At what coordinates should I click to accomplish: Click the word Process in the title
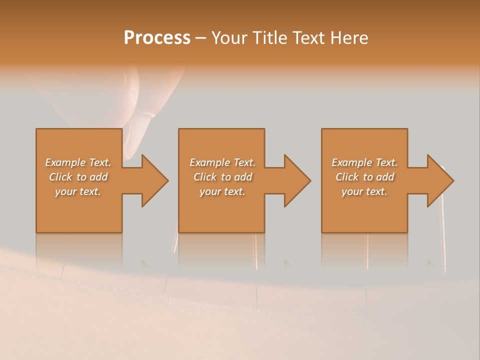(x=157, y=38)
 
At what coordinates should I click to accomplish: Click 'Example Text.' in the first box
(x=78, y=162)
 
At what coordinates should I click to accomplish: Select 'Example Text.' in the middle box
(x=222, y=162)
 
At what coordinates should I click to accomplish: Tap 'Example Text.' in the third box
(x=364, y=162)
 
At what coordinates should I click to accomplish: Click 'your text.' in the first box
(x=78, y=191)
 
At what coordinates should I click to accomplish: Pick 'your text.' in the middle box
(x=222, y=191)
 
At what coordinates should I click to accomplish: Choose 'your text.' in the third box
(x=364, y=191)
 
